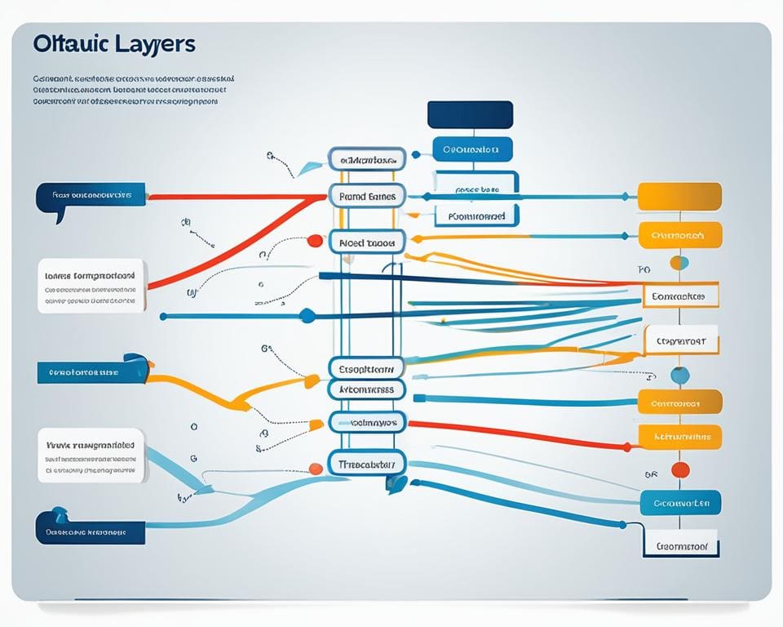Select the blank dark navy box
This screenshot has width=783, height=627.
470,114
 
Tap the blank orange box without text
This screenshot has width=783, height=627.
679,197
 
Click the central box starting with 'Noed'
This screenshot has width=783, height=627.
367,242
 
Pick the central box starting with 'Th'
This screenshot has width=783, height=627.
367,464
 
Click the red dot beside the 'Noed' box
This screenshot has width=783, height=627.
314,241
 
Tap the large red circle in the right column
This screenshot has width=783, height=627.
679,469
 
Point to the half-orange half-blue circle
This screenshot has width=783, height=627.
679,263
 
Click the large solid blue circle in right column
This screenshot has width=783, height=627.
679,375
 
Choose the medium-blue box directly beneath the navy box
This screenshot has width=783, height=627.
471,149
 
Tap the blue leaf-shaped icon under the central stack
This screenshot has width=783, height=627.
396,483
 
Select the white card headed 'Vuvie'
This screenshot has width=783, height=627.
91,455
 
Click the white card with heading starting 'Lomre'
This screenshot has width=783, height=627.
91,284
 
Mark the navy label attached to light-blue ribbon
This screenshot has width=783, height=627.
90,531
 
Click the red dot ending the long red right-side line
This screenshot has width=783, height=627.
626,447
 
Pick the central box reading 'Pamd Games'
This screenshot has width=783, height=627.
367,197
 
